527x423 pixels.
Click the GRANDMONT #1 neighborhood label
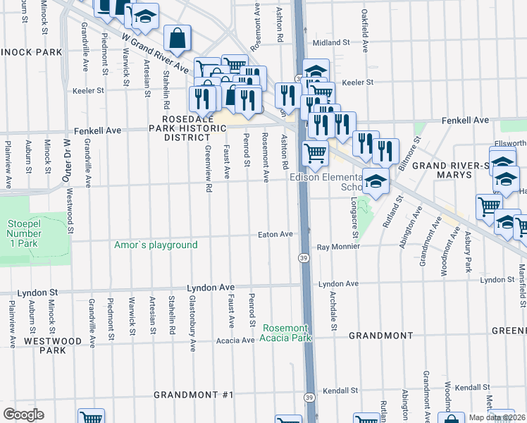[x=193, y=395]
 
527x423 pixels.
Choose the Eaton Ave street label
[x=275, y=234]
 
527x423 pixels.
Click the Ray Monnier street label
[x=338, y=247]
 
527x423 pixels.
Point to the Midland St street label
[x=331, y=43]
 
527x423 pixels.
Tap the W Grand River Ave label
[x=154, y=51]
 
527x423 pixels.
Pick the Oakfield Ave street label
[x=366, y=41]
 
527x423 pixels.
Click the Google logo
[x=23, y=415]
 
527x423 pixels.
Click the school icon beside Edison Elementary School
[x=376, y=183]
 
